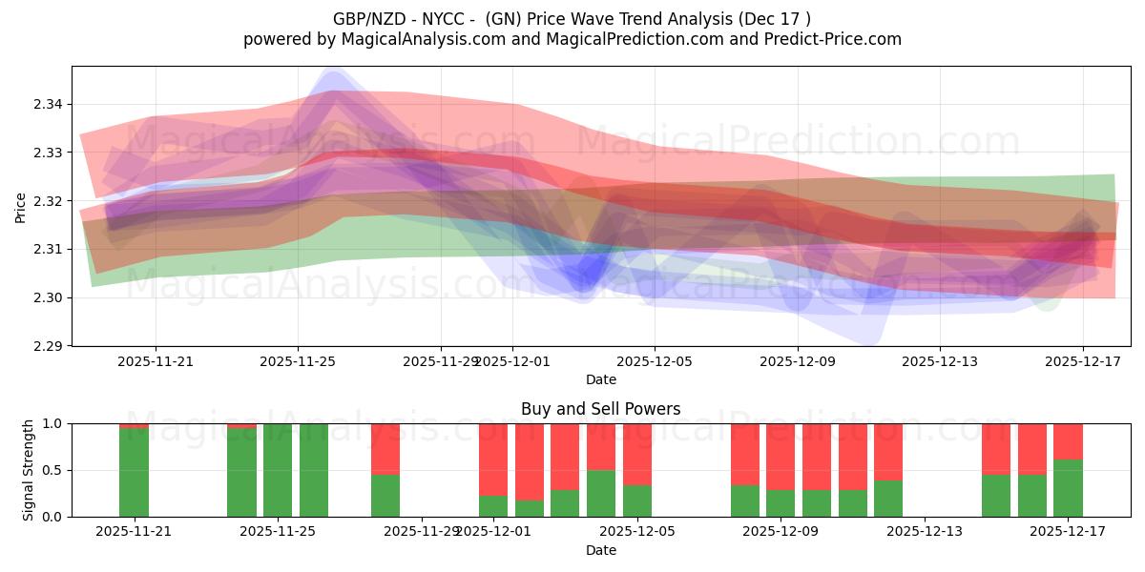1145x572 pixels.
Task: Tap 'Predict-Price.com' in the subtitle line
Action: (x=837, y=39)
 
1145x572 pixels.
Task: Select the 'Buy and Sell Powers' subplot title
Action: (x=600, y=409)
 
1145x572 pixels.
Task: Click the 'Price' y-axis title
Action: (x=21, y=207)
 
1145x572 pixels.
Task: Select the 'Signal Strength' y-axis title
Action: (x=29, y=470)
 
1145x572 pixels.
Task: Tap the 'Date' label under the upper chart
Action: (x=600, y=379)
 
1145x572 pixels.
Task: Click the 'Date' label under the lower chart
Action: (x=600, y=550)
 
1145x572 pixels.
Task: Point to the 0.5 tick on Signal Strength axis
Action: (x=53, y=470)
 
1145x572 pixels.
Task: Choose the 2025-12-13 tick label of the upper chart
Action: (x=939, y=361)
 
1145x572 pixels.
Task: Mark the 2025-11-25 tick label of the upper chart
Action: (x=298, y=361)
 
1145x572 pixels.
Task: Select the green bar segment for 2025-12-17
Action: (x=1068, y=488)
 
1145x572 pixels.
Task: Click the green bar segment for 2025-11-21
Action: (x=134, y=473)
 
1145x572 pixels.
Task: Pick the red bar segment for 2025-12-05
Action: (x=637, y=454)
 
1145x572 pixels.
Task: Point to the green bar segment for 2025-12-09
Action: (x=781, y=503)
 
